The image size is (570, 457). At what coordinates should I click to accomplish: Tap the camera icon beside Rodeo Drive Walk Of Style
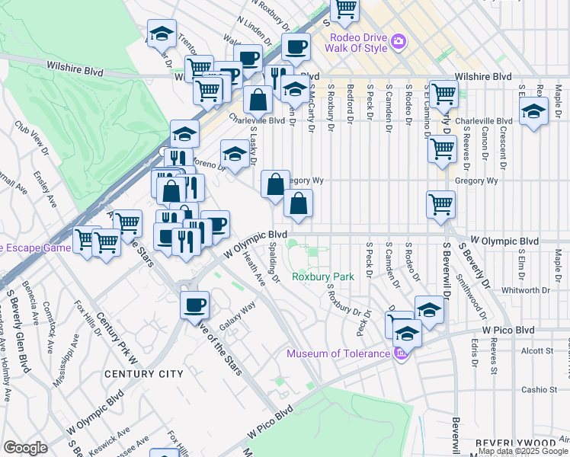point(396,43)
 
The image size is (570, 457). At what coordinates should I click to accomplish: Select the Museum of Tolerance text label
point(338,353)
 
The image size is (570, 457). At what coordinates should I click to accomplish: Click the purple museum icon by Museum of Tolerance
point(402,353)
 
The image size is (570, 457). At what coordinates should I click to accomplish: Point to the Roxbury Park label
point(322,277)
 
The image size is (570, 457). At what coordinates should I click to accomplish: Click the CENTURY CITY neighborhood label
point(145,374)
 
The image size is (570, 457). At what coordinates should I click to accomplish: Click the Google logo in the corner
point(25,448)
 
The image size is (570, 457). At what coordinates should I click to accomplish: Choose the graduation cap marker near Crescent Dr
point(534,110)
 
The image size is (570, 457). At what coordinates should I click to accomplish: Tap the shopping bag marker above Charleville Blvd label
point(258,99)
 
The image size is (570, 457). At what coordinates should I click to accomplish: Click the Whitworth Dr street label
point(526,290)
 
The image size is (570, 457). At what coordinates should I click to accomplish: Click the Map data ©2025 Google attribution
point(523,451)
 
